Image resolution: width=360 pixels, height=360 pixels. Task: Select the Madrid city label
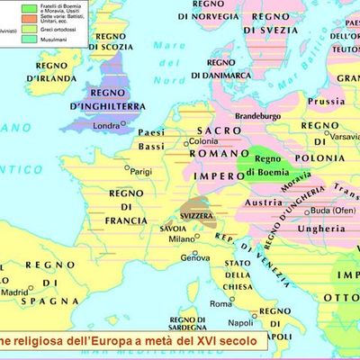(14, 292)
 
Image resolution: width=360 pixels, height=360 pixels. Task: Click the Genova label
(195, 257)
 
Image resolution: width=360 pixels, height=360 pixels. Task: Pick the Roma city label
(220, 303)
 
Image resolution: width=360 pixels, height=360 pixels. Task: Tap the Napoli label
(264, 321)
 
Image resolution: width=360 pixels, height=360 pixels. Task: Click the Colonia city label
(204, 142)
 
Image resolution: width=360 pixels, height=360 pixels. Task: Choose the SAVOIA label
(175, 227)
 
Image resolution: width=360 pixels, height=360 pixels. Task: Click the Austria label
(263, 202)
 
